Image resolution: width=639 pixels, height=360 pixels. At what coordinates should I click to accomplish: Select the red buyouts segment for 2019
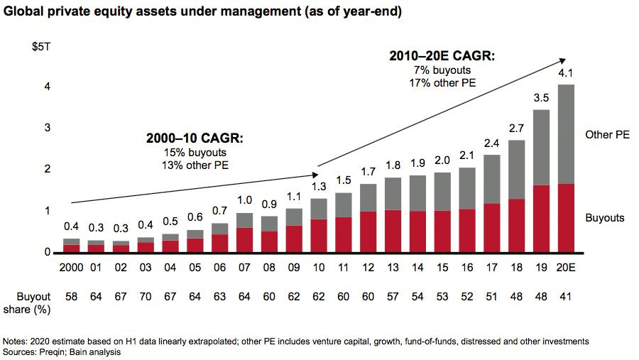541,219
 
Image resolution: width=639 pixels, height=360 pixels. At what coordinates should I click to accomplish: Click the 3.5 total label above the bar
541,98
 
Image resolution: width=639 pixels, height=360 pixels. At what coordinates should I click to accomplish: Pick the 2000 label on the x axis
71,268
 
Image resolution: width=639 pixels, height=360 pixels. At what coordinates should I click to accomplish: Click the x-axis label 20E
565,268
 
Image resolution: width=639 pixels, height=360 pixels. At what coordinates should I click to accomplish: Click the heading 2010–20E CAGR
442,56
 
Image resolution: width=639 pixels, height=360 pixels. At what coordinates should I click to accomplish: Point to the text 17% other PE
443,83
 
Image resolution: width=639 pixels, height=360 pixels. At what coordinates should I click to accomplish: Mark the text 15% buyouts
195,152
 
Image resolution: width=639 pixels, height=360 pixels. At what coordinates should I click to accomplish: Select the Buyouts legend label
605,218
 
